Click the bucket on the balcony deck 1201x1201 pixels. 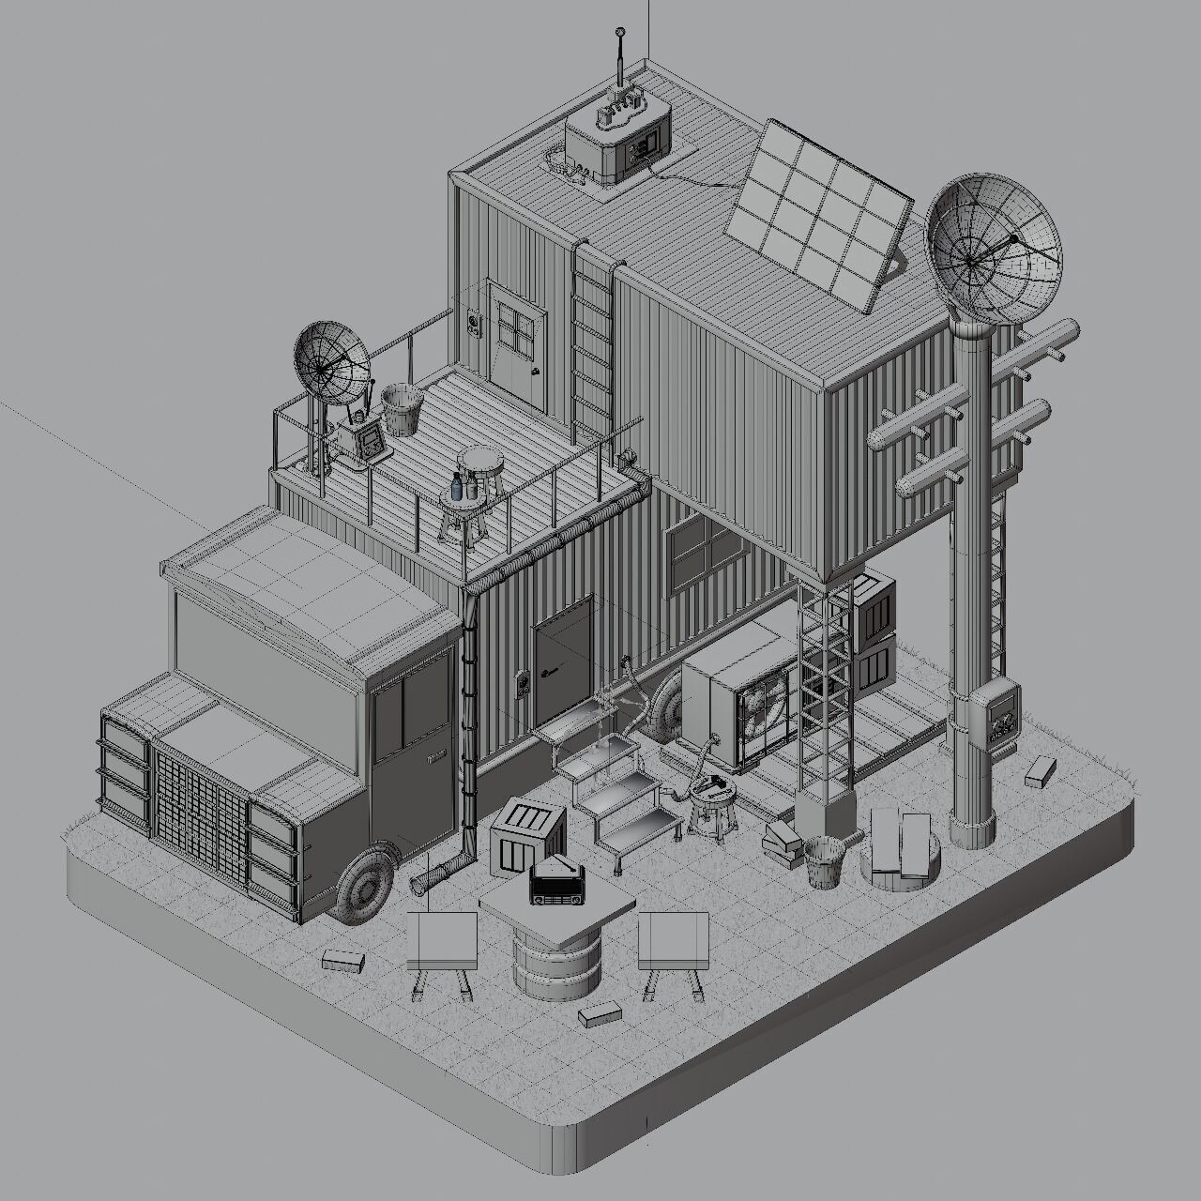403,409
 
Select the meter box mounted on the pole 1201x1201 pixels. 996,714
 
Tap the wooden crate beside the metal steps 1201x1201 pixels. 527,835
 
